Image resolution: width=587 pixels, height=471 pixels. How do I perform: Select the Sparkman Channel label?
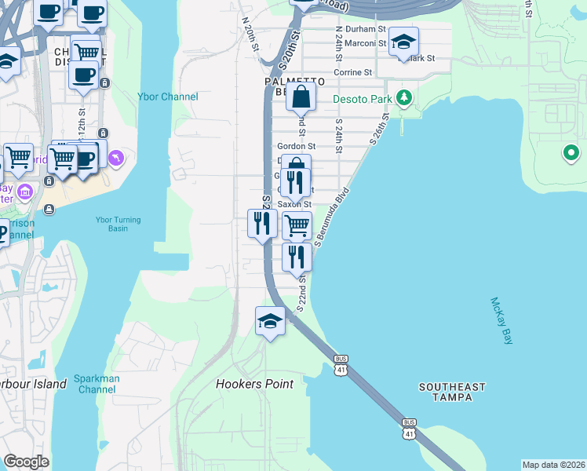coord(96,384)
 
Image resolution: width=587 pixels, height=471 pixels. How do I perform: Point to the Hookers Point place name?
coord(254,384)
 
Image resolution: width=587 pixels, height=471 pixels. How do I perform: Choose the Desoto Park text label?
coord(362,99)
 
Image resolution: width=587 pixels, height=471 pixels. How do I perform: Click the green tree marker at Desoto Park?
coord(404,98)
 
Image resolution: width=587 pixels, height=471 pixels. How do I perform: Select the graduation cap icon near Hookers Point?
coord(270,320)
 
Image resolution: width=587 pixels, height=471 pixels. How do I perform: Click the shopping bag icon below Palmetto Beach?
coord(301,97)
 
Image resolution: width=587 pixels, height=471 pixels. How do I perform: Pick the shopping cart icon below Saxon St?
coord(296,225)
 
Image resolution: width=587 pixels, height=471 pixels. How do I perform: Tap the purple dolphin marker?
coord(116,159)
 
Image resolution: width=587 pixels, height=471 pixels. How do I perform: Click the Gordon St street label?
coord(296,146)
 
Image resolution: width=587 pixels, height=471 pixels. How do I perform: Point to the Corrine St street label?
coord(352,72)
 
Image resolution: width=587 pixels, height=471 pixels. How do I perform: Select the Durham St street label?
coord(366,28)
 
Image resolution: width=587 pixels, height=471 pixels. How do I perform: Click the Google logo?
coord(26,462)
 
